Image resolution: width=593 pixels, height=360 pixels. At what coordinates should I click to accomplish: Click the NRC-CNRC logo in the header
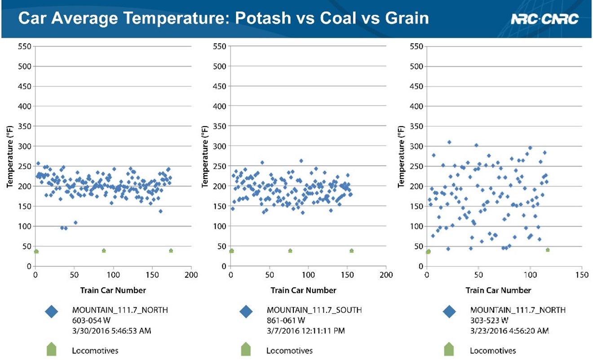point(544,19)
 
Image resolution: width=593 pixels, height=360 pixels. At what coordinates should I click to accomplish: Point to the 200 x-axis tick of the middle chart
point(386,274)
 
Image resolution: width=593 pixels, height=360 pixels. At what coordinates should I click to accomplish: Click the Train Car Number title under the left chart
point(113,290)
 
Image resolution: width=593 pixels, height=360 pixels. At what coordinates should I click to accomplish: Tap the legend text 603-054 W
point(92,320)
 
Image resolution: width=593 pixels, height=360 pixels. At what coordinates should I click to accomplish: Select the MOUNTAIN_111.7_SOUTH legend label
point(314,310)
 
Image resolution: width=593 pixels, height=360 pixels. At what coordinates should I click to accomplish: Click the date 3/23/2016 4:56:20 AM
point(509,331)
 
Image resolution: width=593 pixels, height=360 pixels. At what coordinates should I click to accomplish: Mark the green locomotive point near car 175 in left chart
point(171,250)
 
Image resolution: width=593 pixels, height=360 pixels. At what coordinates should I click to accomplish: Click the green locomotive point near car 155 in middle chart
point(351,250)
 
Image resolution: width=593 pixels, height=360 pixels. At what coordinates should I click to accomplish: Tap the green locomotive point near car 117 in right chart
point(548,250)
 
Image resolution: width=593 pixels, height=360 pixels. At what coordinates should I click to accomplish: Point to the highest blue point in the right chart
point(449,142)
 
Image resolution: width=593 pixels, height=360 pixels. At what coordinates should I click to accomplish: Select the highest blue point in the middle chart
point(301,161)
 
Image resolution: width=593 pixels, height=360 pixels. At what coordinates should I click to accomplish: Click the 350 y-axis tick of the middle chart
point(219,127)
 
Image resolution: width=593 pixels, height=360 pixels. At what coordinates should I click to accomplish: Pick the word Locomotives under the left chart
point(95,351)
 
